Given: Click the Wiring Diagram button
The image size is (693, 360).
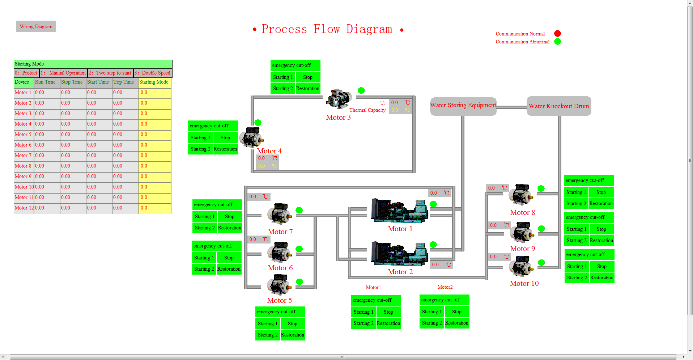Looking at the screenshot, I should coord(36,26).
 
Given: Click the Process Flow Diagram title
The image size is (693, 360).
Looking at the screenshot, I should coord(327,29).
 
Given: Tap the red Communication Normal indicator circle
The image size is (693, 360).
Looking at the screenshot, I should coord(557,34).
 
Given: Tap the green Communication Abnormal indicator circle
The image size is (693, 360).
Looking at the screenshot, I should coord(557,42).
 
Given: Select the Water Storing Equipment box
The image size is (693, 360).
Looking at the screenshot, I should coord(463,106).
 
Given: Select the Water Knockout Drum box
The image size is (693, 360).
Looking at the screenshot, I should coord(559,106).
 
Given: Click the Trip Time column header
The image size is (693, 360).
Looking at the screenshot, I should coord(124,82).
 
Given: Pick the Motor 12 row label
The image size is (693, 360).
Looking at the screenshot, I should coord(24,208).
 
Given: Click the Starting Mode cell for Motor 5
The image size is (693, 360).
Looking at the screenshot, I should coord(154,135).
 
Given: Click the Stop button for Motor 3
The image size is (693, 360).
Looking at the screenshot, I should coord(308,77).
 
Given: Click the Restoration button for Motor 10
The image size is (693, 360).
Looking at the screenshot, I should coord(601,278).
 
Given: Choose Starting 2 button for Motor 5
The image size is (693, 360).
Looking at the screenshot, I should coord(268,335).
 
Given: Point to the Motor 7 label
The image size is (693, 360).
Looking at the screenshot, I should coord(280,232).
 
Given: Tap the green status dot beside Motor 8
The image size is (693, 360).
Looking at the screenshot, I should coord(541,189).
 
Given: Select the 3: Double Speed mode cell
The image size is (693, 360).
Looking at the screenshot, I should coord(153,73).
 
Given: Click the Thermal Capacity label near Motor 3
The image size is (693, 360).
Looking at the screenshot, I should coord(367,110).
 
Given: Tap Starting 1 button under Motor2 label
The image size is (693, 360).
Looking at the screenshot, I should coord(432,312).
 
